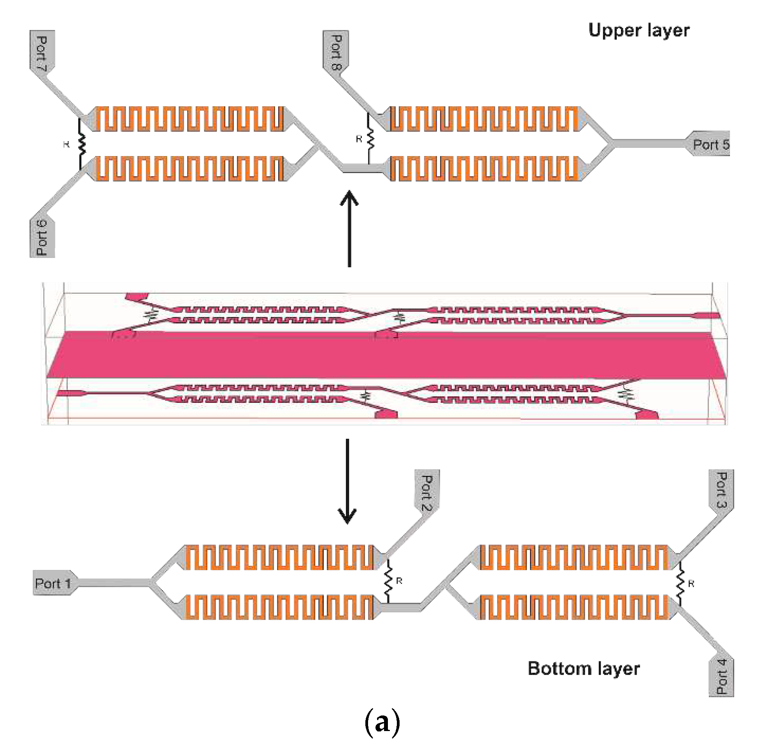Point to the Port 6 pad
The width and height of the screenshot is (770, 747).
pyautogui.click(x=42, y=238)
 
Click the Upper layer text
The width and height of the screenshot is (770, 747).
pyautogui.click(x=638, y=30)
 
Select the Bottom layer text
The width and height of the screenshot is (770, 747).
pyautogui.click(x=583, y=668)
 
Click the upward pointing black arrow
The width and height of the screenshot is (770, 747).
pyautogui.click(x=349, y=228)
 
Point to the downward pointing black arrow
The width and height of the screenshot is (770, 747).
pyautogui.click(x=347, y=481)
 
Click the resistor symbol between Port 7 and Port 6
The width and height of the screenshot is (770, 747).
pyautogui.click(x=81, y=144)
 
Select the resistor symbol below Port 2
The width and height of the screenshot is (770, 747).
pyautogui.click(x=388, y=581)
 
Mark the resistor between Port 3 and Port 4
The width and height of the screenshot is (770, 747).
pyautogui.click(x=681, y=583)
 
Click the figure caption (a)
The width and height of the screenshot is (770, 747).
pyautogui.click(x=382, y=722)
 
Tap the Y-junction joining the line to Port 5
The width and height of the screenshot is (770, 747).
pyautogui.click(x=610, y=144)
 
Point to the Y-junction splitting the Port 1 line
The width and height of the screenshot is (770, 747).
pyautogui.click(x=153, y=582)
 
